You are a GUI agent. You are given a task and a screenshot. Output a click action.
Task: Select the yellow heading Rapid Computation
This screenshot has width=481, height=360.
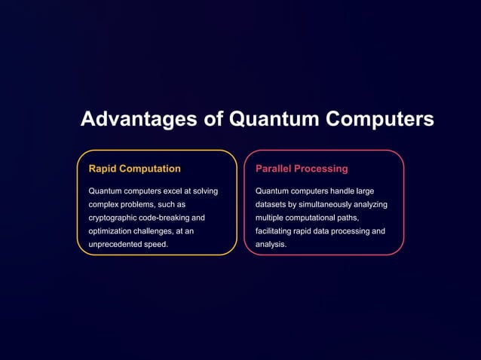(x=134, y=169)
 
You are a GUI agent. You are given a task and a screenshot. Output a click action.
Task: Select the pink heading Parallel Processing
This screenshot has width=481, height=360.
(x=302, y=169)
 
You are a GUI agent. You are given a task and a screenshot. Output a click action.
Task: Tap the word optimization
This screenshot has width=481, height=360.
(x=111, y=231)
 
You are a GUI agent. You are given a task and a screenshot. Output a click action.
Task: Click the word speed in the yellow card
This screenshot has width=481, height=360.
(x=156, y=245)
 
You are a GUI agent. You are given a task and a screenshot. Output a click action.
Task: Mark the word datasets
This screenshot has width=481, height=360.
(x=271, y=204)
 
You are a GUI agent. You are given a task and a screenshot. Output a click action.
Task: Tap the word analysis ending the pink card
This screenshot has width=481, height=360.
(x=271, y=245)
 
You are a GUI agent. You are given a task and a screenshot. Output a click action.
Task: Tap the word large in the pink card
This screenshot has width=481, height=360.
(x=365, y=191)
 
